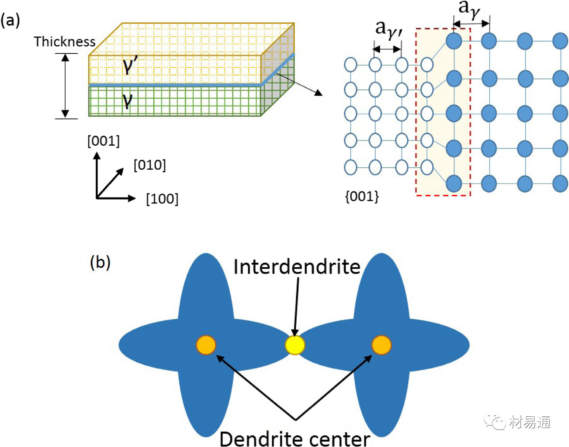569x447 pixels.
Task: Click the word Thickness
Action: click(64, 41)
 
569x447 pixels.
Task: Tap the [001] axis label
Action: click(103, 141)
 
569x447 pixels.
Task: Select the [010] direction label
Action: click(150, 165)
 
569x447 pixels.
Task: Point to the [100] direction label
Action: click(162, 199)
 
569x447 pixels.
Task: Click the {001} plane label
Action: click(362, 196)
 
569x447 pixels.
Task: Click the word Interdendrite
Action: click(297, 267)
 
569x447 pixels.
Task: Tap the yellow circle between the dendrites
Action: click(295, 345)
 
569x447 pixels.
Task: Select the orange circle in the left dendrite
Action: click(206, 345)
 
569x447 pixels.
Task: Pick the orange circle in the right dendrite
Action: click(382, 345)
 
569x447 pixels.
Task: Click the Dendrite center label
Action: click(294, 439)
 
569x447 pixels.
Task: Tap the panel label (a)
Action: click(10, 20)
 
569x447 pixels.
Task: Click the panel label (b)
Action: click(100, 262)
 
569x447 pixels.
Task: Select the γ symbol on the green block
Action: click(127, 100)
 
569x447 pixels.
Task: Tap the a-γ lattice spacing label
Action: click(469, 9)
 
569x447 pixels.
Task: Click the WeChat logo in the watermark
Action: click(495, 421)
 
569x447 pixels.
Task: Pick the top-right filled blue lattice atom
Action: click(560, 41)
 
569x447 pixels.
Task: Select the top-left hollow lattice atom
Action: click(351, 65)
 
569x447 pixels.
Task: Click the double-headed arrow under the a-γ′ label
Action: click(387, 49)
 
